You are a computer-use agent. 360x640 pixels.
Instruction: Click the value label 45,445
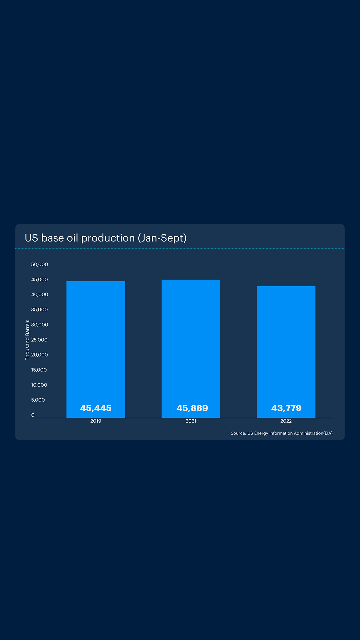(x=96, y=408)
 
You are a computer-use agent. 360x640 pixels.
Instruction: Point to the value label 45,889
(x=192, y=408)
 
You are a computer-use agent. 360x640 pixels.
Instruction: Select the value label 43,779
(x=286, y=408)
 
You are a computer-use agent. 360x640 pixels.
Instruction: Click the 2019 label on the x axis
(x=96, y=421)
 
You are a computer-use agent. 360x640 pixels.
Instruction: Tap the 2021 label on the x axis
(x=191, y=421)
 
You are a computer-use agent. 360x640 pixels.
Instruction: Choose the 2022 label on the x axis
(x=286, y=421)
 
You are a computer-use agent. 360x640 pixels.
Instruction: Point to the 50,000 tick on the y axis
(x=40, y=264)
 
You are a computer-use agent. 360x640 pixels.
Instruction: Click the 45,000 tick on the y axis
(x=40, y=279)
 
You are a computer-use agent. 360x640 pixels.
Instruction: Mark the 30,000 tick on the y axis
(x=40, y=325)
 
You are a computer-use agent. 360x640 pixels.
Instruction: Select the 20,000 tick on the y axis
(x=40, y=355)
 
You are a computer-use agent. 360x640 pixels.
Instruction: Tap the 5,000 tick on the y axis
(x=38, y=400)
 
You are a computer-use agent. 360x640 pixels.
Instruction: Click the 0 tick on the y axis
(x=33, y=415)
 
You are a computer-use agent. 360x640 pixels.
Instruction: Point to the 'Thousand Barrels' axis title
(x=27, y=340)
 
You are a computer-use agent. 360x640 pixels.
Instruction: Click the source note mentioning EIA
(x=282, y=433)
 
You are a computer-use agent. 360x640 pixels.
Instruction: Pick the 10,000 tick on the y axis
(x=39, y=385)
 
